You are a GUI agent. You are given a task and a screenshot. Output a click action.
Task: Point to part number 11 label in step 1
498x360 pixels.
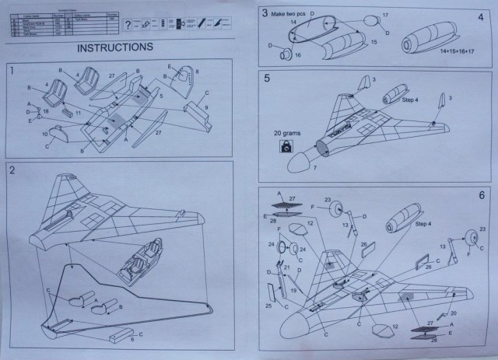tap(78, 113)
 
